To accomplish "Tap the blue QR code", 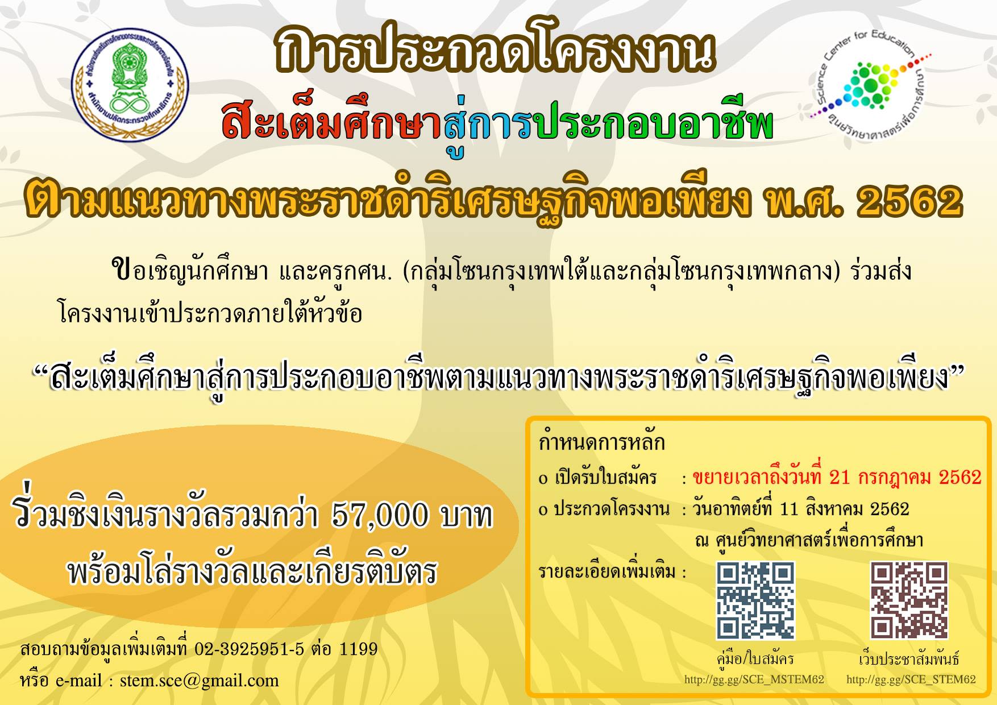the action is coord(755,600).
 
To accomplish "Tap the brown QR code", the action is coord(909,600).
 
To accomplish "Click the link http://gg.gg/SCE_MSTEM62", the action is coord(754,679).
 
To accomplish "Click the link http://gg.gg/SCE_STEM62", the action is coord(911,679).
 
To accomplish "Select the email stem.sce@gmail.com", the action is coord(199,681).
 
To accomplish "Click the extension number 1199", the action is coord(358,649).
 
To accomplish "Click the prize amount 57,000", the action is coord(379,516).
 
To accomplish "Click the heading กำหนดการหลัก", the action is coord(601,442).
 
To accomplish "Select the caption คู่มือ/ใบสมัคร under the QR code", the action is coord(755,659).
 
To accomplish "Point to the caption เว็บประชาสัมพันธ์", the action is coord(909,659).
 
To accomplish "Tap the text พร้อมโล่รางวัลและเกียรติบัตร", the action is coord(252,571).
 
